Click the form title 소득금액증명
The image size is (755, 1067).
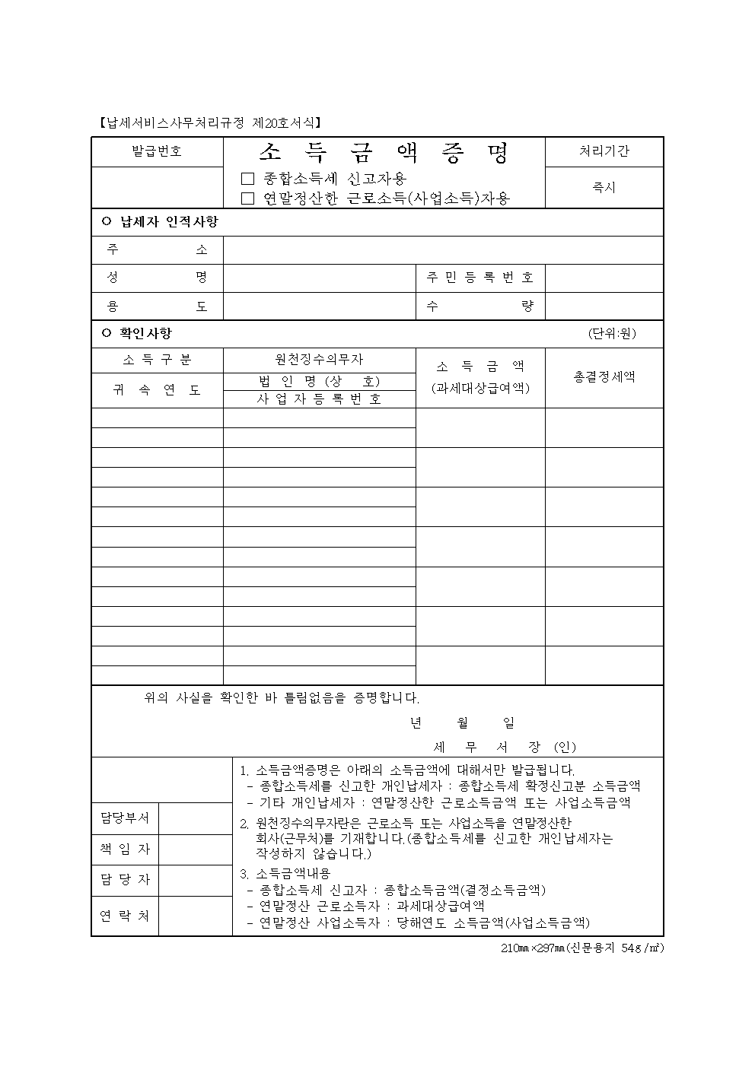click(x=384, y=153)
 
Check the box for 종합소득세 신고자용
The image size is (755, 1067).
click(x=247, y=179)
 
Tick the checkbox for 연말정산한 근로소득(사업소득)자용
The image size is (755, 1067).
click(x=247, y=198)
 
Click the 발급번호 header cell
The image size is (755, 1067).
click(x=157, y=151)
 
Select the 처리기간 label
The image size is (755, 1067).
click(x=604, y=151)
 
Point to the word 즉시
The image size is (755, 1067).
click(x=604, y=187)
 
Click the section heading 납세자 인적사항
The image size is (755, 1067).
click(x=168, y=222)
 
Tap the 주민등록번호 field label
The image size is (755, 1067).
click(x=479, y=278)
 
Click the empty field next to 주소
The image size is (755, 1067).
click(x=443, y=249)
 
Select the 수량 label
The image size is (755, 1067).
click(x=479, y=306)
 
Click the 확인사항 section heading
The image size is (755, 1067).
click(x=145, y=333)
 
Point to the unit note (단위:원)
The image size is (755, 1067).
click(x=612, y=333)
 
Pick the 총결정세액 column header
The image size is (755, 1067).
click(x=604, y=376)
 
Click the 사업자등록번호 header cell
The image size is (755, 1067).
click(x=319, y=399)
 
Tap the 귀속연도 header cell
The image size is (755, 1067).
click(x=157, y=390)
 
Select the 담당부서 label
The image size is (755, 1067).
click(x=125, y=818)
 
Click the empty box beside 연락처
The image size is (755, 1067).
click(x=195, y=916)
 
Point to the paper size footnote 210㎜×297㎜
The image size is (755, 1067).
click(x=581, y=948)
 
